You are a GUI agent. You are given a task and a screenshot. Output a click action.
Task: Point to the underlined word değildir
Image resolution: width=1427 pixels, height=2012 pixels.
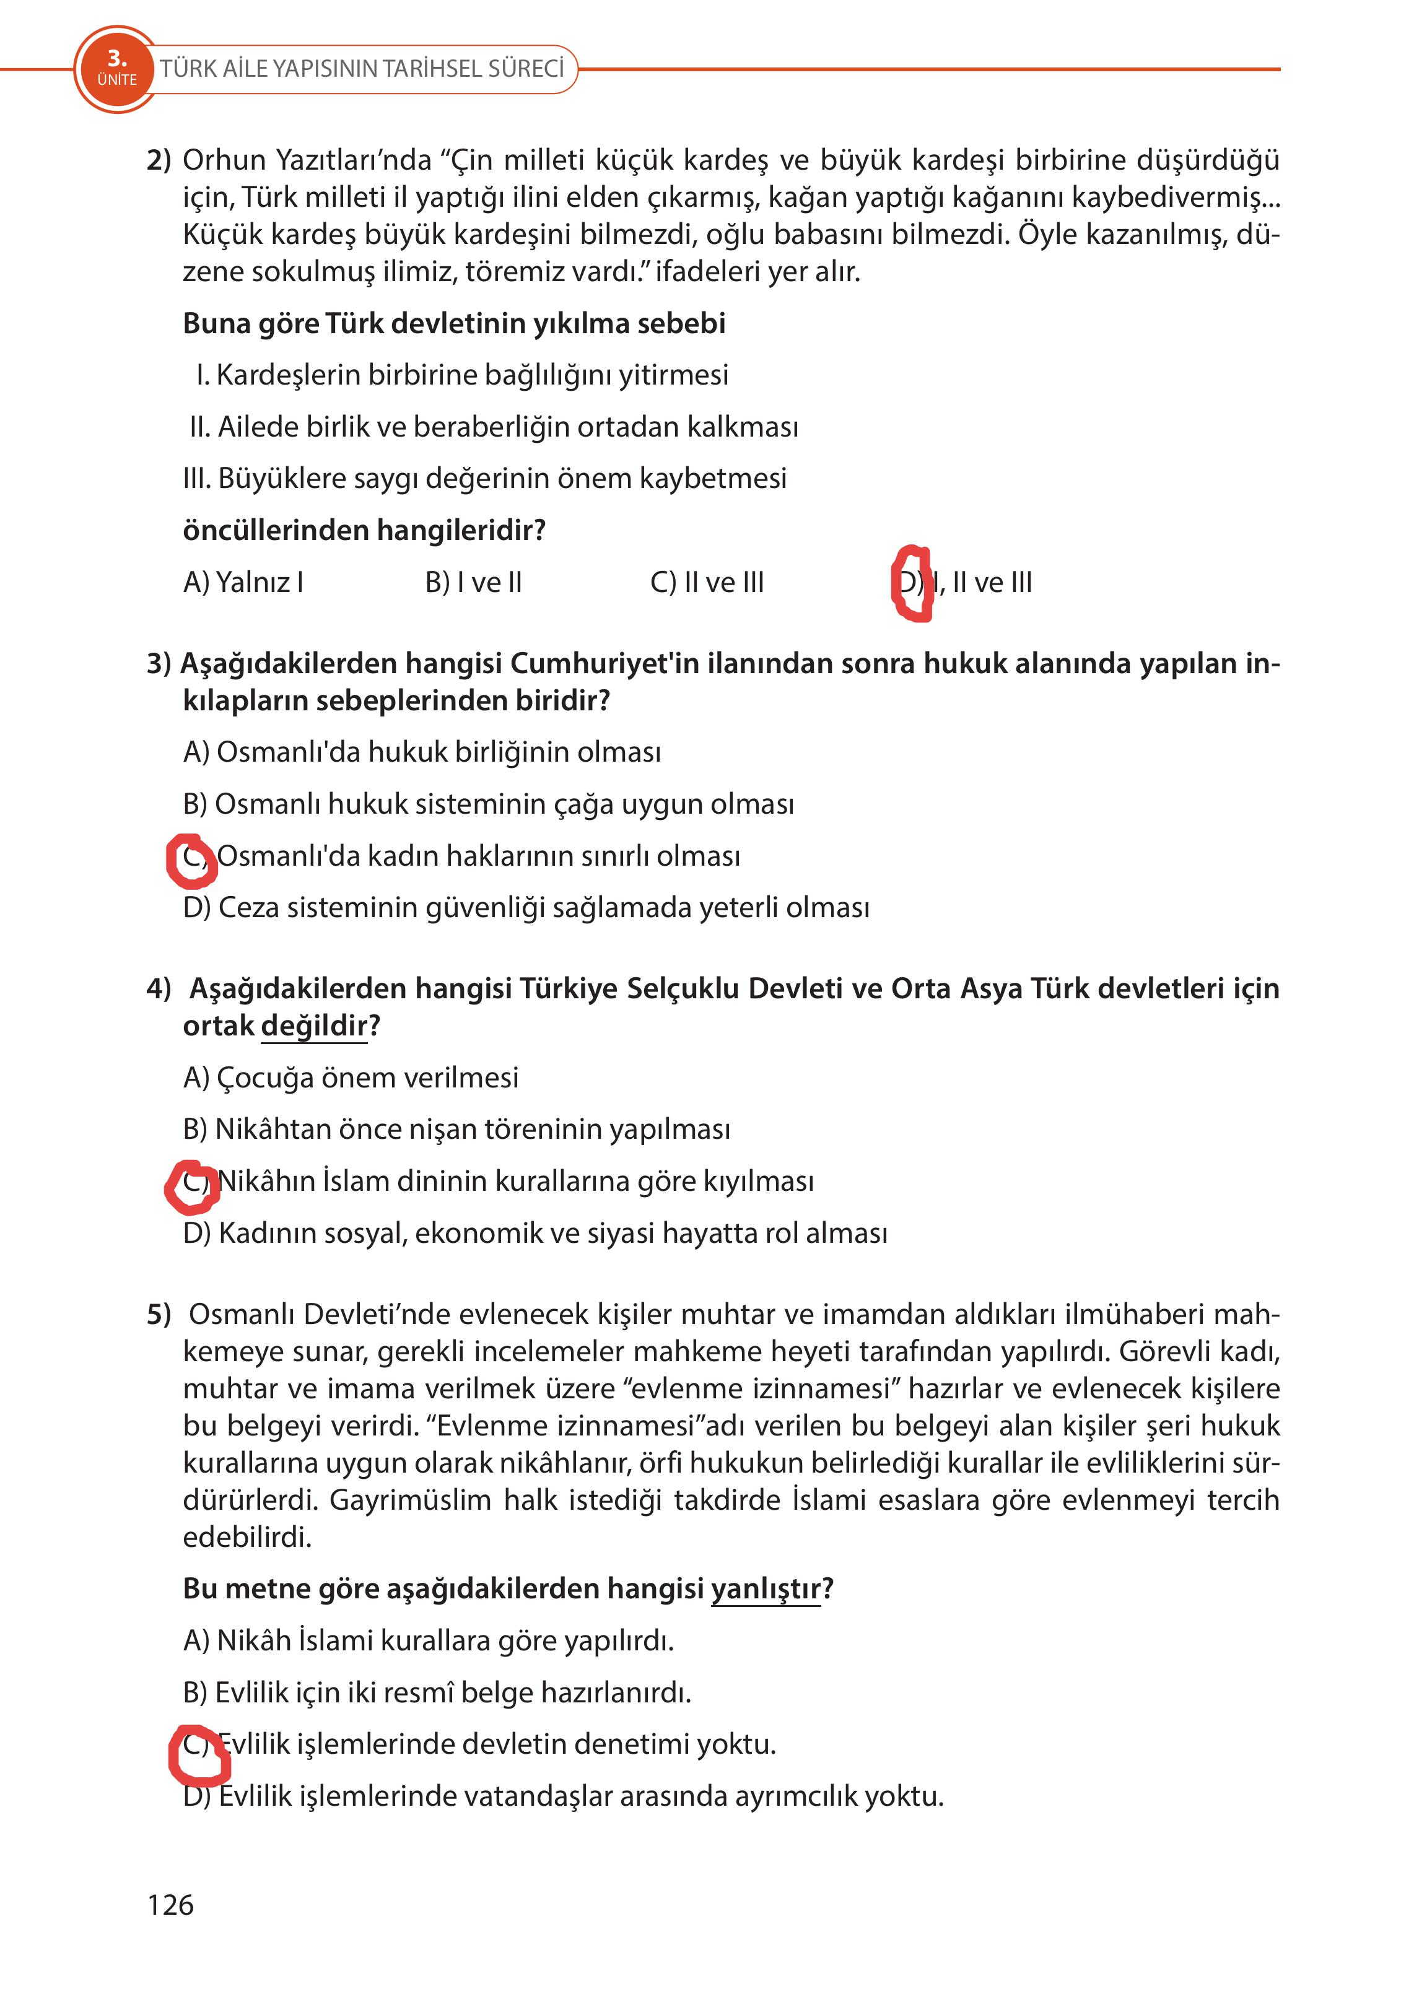click(x=313, y=1026)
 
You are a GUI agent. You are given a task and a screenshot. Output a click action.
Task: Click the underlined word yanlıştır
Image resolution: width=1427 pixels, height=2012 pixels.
click(x=766, y=1588)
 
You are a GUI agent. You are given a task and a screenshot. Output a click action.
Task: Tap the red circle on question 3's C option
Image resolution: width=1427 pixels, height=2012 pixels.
click(x=191, y=860)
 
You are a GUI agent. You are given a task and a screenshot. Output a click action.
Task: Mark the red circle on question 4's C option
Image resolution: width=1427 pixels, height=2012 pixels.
click(x=191, y=1185)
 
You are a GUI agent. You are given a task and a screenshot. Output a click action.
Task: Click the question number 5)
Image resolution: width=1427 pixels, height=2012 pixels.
click(x=159, y=1314)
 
